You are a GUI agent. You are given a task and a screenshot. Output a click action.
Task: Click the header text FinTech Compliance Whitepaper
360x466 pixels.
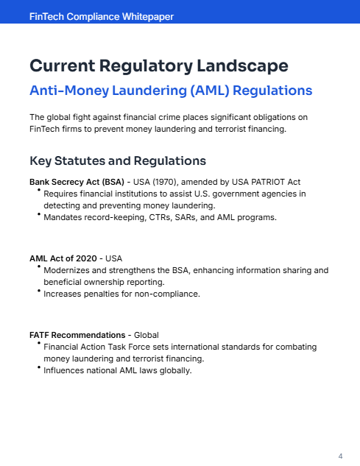[102, 16]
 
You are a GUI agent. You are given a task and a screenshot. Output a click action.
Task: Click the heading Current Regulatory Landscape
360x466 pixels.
[158, 66]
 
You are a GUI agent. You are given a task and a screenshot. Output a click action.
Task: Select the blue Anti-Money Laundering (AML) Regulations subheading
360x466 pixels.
[171, 91]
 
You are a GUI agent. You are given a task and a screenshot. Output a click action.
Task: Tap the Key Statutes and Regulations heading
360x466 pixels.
[117, 160]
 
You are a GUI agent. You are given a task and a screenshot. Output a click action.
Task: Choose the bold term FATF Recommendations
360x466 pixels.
[77, 335]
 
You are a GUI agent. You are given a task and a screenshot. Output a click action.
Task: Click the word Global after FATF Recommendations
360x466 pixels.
[147, 335]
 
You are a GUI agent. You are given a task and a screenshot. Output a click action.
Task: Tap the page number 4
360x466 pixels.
[340, 456]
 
